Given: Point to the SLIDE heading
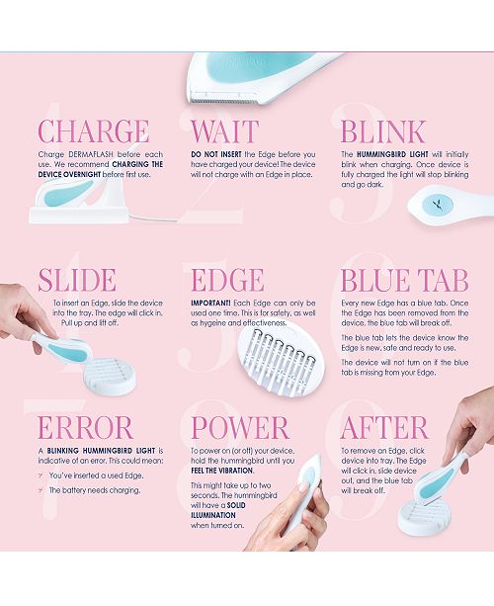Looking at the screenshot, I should [x=78, y=279].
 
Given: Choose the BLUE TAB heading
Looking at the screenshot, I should [x=404, y=279].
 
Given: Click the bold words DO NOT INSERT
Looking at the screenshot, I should [x=215, y=156].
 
